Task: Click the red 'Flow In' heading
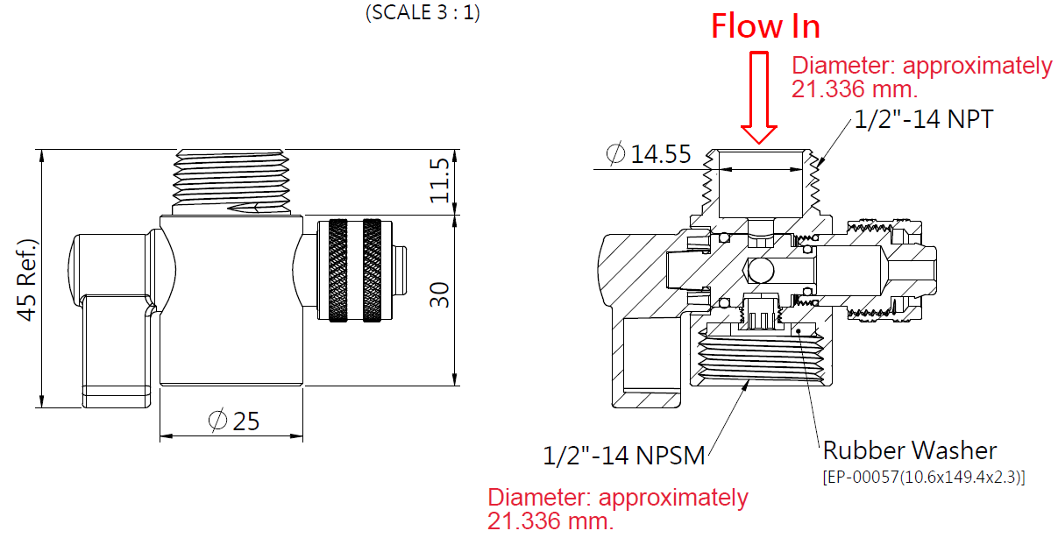click(x=765, y=26)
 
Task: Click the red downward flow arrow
click(x=759, y=97)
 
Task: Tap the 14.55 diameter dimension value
click(x=661, y=155)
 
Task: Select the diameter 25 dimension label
click(x=234, y=421)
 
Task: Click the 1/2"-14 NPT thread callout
click(x=923, y=119)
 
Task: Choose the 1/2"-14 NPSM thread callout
click(x=623, y=456)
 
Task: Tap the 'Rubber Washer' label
click(x=909, y=450)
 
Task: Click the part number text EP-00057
click(x=923, y=478)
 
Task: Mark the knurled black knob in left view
click(x=350, y=272)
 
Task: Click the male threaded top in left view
click(x=233, y=180)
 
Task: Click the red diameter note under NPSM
click(x=617, y=509)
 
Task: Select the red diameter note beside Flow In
click(x=920, y=77)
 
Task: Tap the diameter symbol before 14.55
click(x=615, y=155)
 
